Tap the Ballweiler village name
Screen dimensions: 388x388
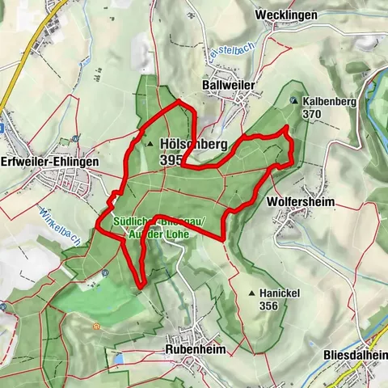click(228, 85)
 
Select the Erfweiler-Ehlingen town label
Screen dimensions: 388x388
click(49, 162)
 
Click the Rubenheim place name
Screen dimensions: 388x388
click(195, 348)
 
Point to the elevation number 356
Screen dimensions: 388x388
click(269, 306)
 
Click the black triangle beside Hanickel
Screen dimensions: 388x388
click(252, 293)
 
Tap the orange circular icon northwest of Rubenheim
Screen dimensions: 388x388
click(96, 326)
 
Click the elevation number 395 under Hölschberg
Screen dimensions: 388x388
click(171, 160)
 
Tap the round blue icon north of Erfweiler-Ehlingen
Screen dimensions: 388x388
click(74, 137)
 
